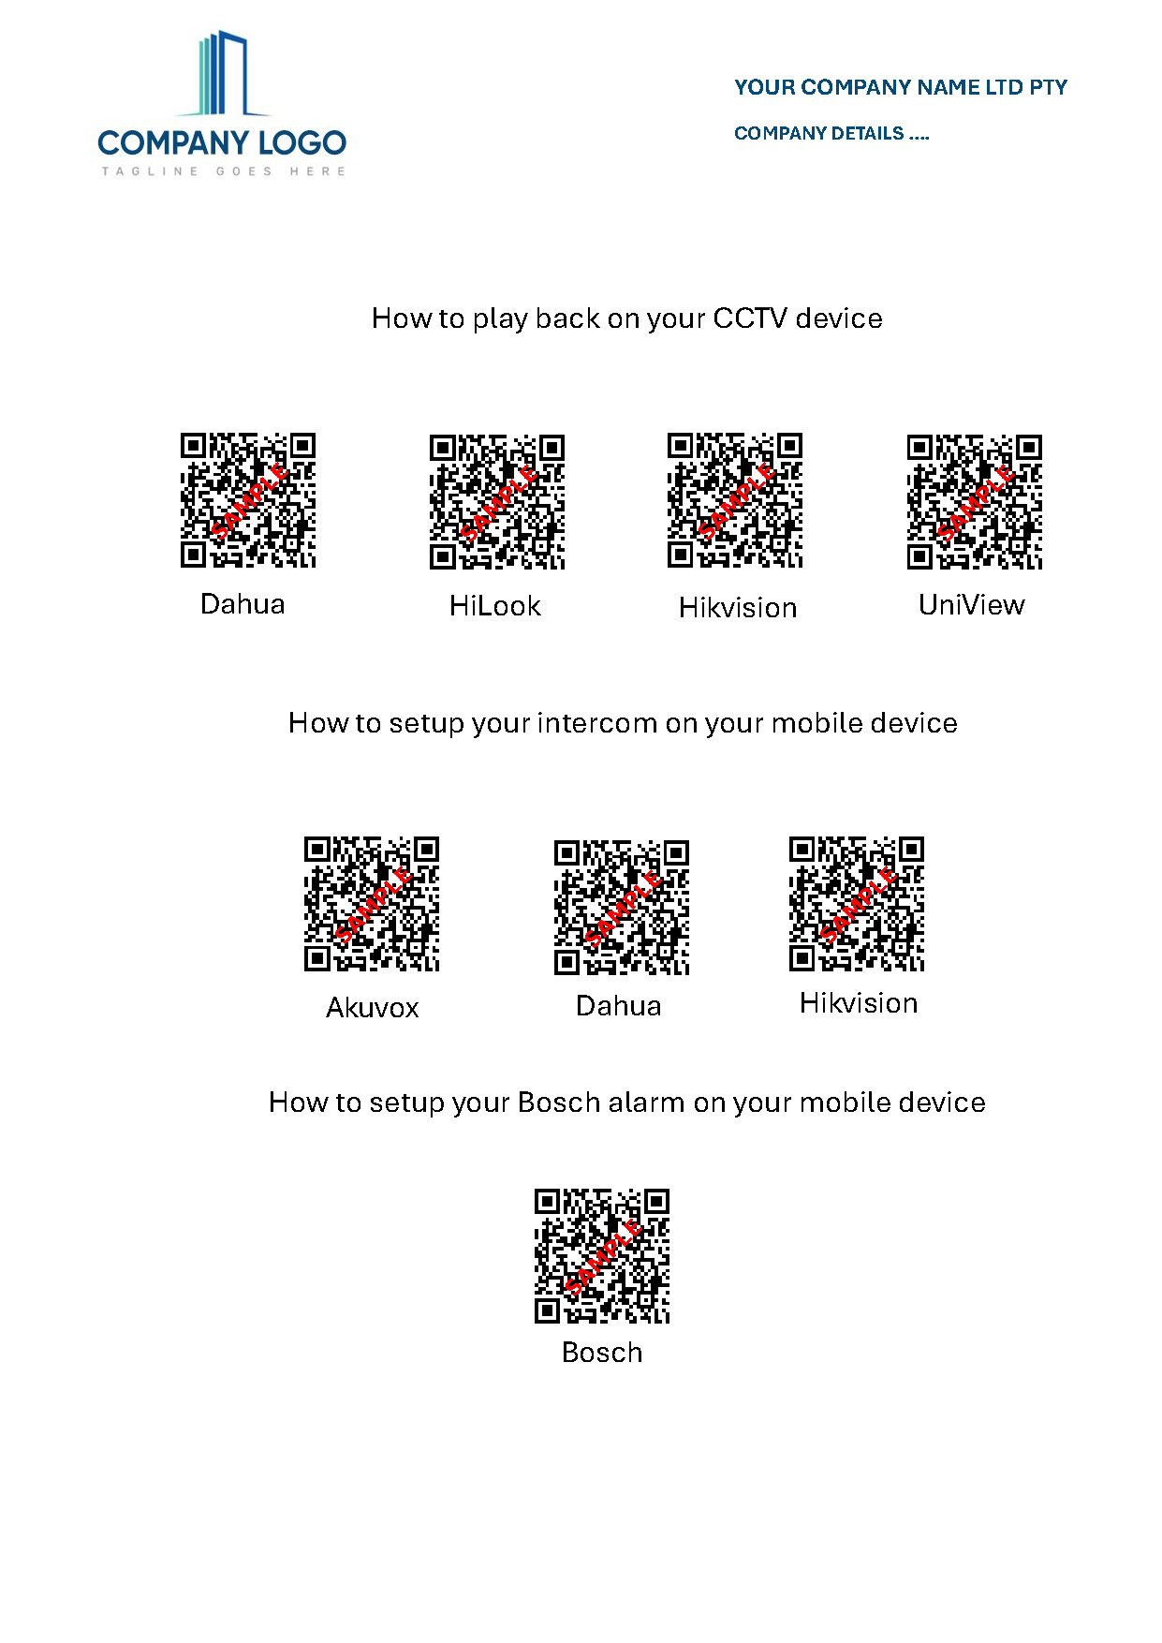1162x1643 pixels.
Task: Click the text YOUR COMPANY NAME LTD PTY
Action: click(901, 88)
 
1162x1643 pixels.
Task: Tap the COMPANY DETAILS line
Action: click(831, 134)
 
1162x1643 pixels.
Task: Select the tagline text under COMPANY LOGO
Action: click(224, 171)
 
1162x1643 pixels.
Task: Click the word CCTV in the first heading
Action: click(750, 318)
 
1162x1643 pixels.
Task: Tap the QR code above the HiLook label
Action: click(497, 501)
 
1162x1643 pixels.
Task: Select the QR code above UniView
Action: click(975, 501)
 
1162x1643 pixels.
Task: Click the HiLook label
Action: click(495, 606)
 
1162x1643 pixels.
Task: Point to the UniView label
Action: click(972, 605)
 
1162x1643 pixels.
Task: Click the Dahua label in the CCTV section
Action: click(243, 604)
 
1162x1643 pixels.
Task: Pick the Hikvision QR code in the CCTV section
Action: click(735, 500)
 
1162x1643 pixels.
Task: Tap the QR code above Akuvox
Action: click(372, 904)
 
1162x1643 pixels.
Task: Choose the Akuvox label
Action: click(373, 1008)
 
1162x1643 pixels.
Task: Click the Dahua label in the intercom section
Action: click(619, 1006)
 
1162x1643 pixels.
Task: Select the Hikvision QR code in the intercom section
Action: click(857, 904)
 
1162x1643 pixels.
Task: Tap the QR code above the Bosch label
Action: click(602, 1256)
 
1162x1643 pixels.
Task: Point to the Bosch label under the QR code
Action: click(602, 1353)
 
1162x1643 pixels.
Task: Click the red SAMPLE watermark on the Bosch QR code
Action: click(604, 1257)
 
